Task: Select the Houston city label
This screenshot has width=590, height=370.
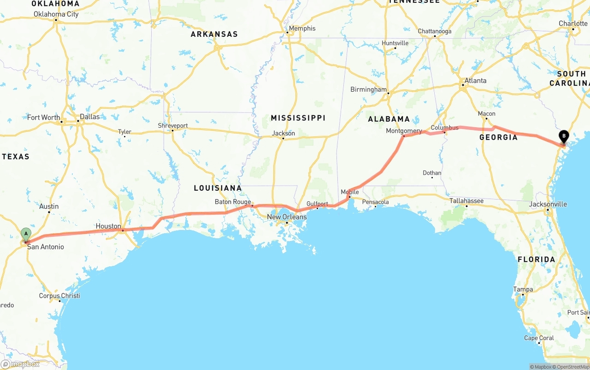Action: click(x=108, y=226)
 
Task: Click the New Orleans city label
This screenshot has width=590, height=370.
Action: click(x=287, y=217)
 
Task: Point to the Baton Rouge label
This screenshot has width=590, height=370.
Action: click(x=233, y=202)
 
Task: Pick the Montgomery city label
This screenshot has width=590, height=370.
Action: click(x=404, y=131)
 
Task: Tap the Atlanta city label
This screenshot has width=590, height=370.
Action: click(x=475, y=81)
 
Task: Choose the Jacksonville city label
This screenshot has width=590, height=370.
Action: click(x=548, y=204)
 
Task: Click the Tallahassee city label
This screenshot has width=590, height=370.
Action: click(x=466, y=201)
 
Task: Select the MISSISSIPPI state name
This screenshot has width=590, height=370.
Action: click(x=298, y=118)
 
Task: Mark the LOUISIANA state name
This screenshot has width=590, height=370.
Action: click(x=218, y=188)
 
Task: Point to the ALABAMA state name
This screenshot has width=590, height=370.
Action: click(x=389, y=119)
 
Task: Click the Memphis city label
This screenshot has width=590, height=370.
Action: click(x=302, y=29)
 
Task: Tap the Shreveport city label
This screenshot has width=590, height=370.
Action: click(x=173, y=125)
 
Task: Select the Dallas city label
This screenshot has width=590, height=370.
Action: click(x=89, y=117)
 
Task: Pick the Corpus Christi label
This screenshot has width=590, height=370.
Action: click(x=59, y=296)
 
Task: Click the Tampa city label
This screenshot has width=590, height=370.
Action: click(x=523, y=289)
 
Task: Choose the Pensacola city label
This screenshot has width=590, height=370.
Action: click(x=376, y=202)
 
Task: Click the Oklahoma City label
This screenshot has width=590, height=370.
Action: click(x=56, y=14)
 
